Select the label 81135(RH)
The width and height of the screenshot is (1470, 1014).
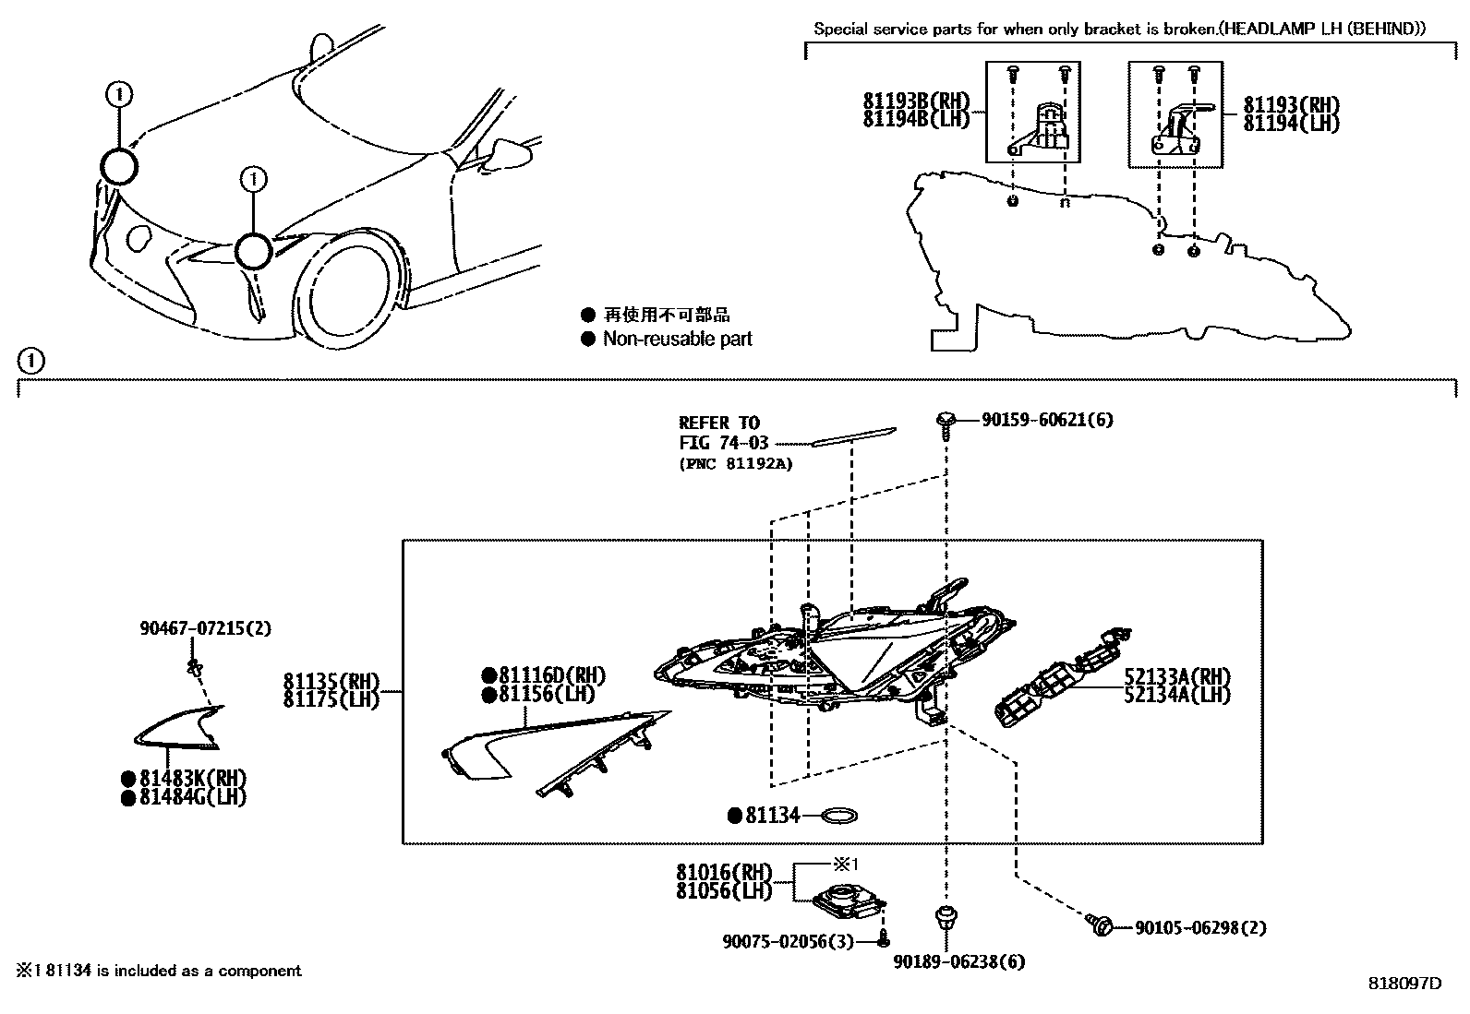[x=331, y=681]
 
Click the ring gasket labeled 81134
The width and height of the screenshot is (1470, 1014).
[x=838, y=816]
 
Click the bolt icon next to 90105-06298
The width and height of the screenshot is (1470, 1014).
[x=1101, y=924]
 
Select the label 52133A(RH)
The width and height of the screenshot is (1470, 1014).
[x=1177, y=676]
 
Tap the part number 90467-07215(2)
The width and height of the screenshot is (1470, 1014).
[x=206, y=628]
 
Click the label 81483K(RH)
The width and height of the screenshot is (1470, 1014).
[x=193, y=778]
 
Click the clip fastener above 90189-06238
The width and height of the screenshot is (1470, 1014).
[x=943, y=919]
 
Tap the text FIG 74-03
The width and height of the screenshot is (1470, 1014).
[x=723, y=443]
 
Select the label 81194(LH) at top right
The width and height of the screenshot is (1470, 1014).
[x=1290, y=124]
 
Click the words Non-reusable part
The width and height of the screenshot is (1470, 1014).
[x=677, y=339]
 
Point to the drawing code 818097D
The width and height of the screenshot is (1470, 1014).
[x=1404, y=984]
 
